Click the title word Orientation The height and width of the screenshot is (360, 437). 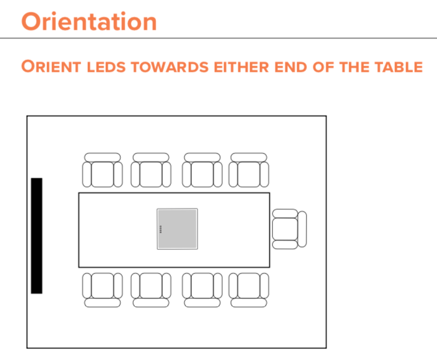click(89, 21)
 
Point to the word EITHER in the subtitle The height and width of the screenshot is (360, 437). click(241, 67)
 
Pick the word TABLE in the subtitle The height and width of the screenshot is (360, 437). click(396, 67)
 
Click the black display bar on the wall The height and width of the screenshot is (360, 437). click(37, 235)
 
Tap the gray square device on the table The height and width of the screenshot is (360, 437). click(177, 229)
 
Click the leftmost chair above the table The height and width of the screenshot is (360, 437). click(103, 170)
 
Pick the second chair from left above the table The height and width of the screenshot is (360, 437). click(151, 170)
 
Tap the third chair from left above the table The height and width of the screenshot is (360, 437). click(202, 170)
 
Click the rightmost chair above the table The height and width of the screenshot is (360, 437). click(249, 170)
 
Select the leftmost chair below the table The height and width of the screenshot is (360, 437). click(103, 289)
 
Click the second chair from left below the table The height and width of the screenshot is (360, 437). click(151, 289)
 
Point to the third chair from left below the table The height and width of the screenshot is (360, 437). click(202, 289)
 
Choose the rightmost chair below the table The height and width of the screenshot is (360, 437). click(249, 289)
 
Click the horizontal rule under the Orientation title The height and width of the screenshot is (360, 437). click(218, 38)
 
